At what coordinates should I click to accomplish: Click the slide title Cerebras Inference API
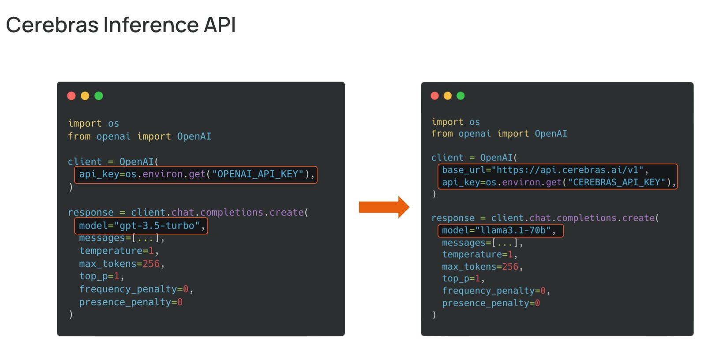(x=121, y=25)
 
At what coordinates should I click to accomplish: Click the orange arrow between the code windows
(x=384, y=207)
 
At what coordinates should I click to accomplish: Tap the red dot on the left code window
(x=71, y=96)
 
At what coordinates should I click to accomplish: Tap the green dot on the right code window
(x=461, y=96)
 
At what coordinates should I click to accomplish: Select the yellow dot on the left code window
(x=85, y=96)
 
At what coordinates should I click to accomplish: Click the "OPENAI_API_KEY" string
(x=258, y=174)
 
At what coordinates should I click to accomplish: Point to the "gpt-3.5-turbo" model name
(x=157, y=226)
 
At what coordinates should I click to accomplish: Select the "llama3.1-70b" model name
(x=513, y=230)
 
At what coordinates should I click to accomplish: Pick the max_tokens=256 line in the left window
(x=122, y=264)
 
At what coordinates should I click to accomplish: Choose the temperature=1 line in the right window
(x=479, y=255)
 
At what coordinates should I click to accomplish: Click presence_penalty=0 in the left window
(x=131, y=302)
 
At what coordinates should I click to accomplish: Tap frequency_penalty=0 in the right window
(x=496, y=291)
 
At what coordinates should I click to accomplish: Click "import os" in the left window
(x=94, y=124)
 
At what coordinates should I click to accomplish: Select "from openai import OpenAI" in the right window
(x=499, y=134)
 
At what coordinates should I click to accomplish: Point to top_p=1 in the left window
(x=101, y=276)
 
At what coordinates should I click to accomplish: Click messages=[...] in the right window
(x=482, y=243)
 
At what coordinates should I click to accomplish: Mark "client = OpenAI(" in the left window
(x=113, y=161)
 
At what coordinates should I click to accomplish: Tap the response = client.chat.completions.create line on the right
(x=545, y=218)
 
